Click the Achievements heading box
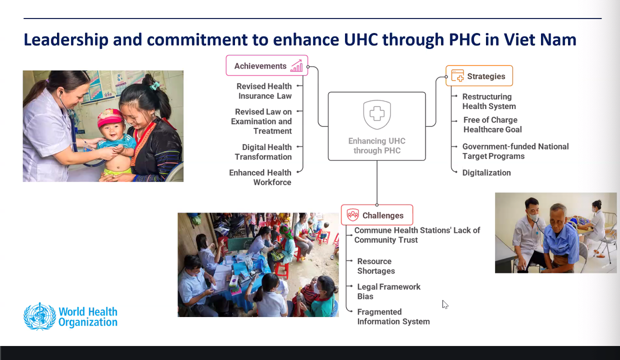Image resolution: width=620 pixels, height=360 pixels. (x=267, y=65)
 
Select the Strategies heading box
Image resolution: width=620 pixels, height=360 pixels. (x=479, y=76)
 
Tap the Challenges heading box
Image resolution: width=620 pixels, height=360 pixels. (x=377, y=215)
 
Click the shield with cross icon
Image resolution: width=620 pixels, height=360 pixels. (x=377, y=114)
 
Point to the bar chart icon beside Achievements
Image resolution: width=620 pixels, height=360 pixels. (x=296, y=66)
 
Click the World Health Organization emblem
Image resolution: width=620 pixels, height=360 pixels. (x=39, y=316)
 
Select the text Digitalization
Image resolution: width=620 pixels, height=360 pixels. (x=486, y=172)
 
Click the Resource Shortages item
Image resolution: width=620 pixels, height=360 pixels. (x=376, y=266)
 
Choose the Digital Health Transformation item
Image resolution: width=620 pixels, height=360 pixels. (x=263, y=152)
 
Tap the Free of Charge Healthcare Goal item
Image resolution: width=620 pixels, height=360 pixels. (x=492, y=125)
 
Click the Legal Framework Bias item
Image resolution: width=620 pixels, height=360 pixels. (x=388, y=291)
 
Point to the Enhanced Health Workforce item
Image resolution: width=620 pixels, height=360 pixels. (x=260, y=177)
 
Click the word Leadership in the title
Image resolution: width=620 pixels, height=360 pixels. (x=66, y=40)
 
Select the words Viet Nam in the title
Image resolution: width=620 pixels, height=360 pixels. (x=539, y=39)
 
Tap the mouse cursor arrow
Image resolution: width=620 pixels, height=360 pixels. (x=445, y=304)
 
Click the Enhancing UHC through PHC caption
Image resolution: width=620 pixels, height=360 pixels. (x=376, y=145)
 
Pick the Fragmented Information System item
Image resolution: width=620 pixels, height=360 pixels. (x=393, y=316)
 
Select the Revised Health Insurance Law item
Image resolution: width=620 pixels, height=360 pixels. (x=264, y=91)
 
